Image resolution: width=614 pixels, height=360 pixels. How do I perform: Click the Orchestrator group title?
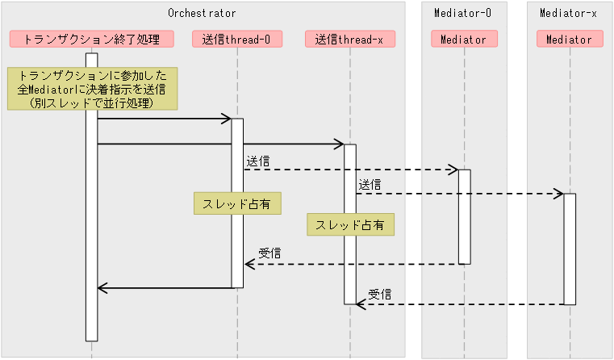click(202, 13)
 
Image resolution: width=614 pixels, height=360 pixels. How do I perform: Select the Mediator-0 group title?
click(463, 13)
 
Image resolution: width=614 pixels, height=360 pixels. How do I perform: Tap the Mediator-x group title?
click(569, 13)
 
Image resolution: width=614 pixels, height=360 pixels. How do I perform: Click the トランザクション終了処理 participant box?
click(91, 39)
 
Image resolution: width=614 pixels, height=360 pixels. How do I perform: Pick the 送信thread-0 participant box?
click(237, 39)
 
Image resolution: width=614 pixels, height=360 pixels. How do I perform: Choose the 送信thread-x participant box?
click(349, 39)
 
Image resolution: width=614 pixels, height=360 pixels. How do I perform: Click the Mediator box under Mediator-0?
click(464, 39)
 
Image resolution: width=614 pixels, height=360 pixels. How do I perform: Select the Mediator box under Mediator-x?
click(569, 39)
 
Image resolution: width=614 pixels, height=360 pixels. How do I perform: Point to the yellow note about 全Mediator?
click(91, 89)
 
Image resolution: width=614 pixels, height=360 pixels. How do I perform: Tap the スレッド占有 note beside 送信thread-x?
click(350, 224)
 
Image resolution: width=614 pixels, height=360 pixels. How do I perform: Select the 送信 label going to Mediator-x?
click(370, 185)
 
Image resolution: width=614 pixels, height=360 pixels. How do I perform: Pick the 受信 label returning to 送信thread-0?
click(269, 254)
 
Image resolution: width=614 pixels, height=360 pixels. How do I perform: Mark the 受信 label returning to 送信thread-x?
click(380, 295)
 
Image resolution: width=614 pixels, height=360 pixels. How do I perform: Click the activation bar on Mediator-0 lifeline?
click(465, 216)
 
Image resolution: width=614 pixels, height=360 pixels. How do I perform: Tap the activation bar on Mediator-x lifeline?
click(570, 249)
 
